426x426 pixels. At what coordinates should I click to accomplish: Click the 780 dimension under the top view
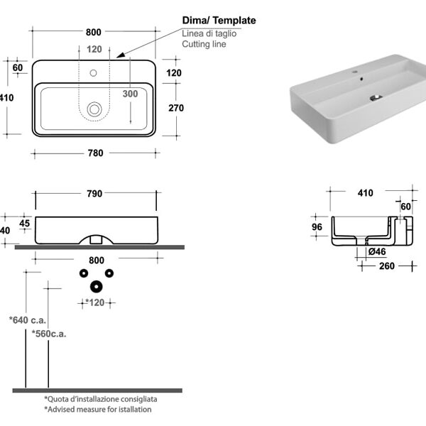(95, 153)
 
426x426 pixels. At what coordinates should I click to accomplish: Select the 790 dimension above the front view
(94, 193)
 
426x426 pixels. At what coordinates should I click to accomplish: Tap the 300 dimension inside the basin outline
(130, 94)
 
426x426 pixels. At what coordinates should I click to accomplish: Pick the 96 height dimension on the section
(317, 227)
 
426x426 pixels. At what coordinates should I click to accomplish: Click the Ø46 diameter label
(378, 252)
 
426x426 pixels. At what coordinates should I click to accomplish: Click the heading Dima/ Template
(219, 21)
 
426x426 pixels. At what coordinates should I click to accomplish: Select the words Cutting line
(204, 44)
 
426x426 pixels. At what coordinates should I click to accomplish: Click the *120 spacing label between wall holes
(95, 302)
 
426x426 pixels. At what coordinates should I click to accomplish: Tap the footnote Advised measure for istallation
(98, 410)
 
